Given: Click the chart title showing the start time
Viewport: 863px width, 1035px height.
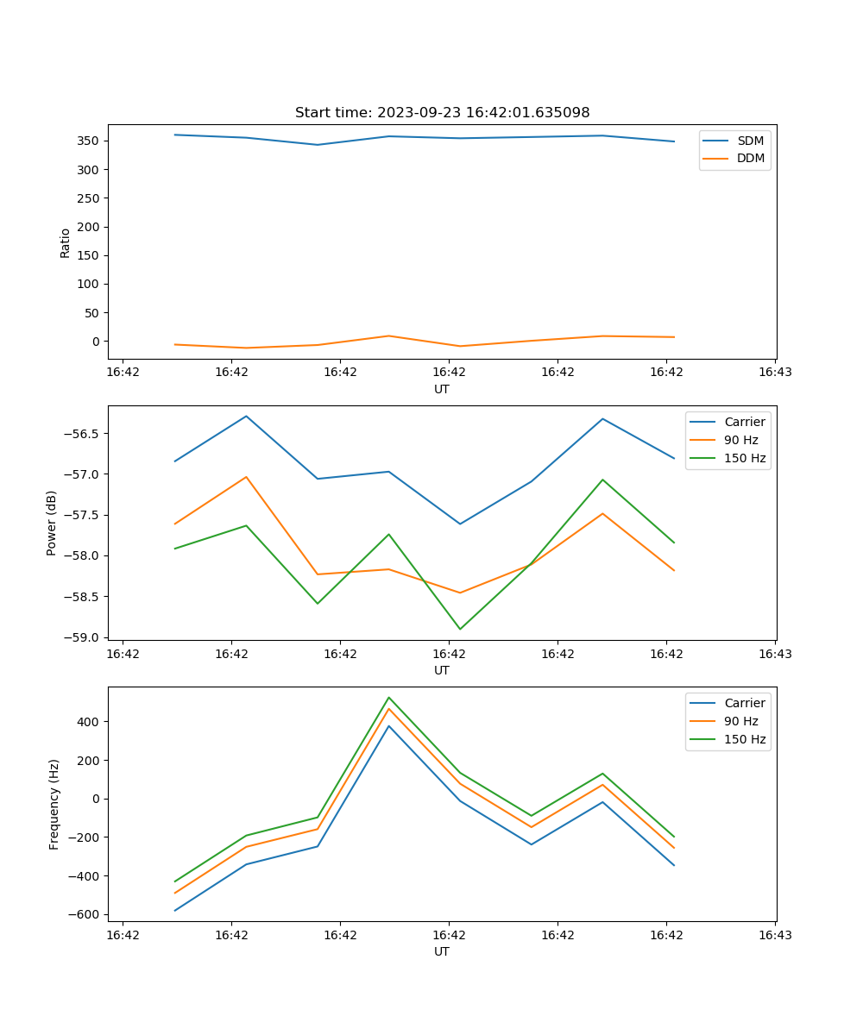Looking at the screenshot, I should [442, 113].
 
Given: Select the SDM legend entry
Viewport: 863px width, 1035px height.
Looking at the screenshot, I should [750, 141].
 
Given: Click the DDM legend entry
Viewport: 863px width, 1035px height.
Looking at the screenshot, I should [750, 158].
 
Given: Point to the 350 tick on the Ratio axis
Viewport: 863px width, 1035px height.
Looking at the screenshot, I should [89, 141].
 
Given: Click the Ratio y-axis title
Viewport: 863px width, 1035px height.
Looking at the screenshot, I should [66, 243].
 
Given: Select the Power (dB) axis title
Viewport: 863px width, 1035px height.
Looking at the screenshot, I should [52, 523].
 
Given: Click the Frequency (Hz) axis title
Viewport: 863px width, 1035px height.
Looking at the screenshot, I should [54, 804].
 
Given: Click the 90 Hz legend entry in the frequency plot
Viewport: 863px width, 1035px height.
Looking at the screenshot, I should [740, 721].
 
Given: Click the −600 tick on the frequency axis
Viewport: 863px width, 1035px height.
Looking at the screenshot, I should [86, 915].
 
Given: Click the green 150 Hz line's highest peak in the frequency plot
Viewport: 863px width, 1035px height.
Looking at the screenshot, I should [389, 697].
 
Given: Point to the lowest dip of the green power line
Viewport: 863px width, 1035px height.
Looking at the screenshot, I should [460, 629].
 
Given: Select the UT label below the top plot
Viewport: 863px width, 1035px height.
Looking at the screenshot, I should [442, 389].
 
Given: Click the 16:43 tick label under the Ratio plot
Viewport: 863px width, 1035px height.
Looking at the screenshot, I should [775, 373].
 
